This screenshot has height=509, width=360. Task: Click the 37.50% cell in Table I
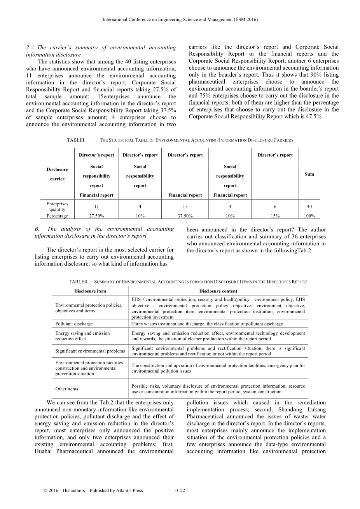click(x=185, y=216)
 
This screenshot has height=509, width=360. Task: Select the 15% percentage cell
click(x=275, y=216)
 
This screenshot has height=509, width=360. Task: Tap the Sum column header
click(x=309, y=174)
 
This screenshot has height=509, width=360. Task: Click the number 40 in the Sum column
click(x=309, y=206)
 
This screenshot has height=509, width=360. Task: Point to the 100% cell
click(x=309, y=216)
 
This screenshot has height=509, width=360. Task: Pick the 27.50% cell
click(x=96, y=216)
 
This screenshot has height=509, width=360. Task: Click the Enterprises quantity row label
click(x=57, y=206)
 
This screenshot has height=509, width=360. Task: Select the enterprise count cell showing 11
click(x=96, y=206)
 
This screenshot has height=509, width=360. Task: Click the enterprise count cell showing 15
click(x=185, y=206)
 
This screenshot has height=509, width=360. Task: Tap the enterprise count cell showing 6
click(x=275, y=206)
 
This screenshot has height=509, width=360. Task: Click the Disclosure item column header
click(x=90, y=291)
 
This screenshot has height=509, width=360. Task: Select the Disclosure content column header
click(x=218, y=291)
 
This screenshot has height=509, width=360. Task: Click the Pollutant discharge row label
click(x=74, y=324)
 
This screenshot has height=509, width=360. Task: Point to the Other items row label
click(x=66, y=389)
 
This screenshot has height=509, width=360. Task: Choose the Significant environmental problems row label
click(x=90, y=351)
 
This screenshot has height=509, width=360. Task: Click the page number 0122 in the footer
click(x=180, y=490)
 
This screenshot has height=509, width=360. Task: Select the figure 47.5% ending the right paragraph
click(x=314, y=117)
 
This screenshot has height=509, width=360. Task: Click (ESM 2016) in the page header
click(x=245, y=19)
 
